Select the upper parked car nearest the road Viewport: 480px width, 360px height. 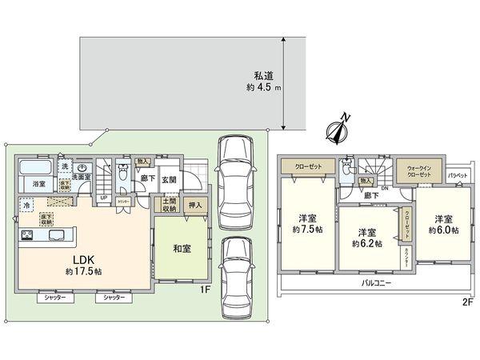tap(234, 170)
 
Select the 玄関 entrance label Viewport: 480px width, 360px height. tap(169, 179)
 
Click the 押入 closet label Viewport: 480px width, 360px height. tap(197, 206)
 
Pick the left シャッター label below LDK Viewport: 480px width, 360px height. tap(55, 298)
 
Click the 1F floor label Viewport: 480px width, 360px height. tap(205, 292)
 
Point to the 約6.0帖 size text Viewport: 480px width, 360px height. tap(445, 230)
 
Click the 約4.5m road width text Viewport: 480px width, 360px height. tap(264, 89)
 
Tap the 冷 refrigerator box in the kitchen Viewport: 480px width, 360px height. tap(28, 206)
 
